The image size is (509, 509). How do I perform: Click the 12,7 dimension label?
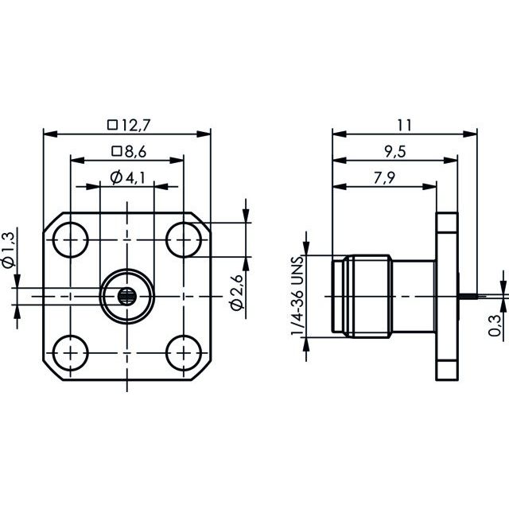[x=135, y=126]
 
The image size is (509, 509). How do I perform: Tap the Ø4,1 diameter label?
[x=127, y=177]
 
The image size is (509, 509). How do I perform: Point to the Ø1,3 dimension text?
[x=9, y=250]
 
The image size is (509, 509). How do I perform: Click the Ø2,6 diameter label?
[x=236, y=292]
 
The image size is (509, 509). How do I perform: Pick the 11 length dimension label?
[x=405, y=126]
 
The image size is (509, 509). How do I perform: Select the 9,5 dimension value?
[x=395, y=152]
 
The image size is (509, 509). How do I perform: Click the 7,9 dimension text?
[x=384, y=178]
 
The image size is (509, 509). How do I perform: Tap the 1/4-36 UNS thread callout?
[x=297, y=296]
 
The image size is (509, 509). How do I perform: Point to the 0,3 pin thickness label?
[x=495, y=325]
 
